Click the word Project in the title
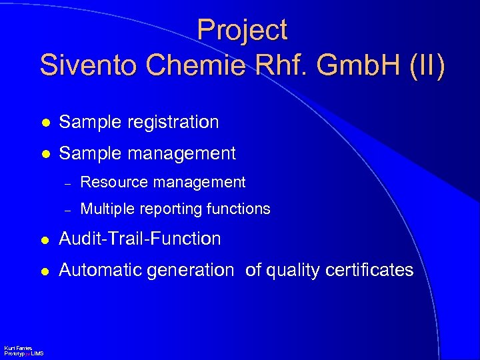click(x=242, y=31)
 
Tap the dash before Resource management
click(x=66, y=183)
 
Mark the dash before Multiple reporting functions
click(x=66, y=209)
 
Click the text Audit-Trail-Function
click(x=139, y=238)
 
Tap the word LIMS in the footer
click(x=37, y=353)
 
